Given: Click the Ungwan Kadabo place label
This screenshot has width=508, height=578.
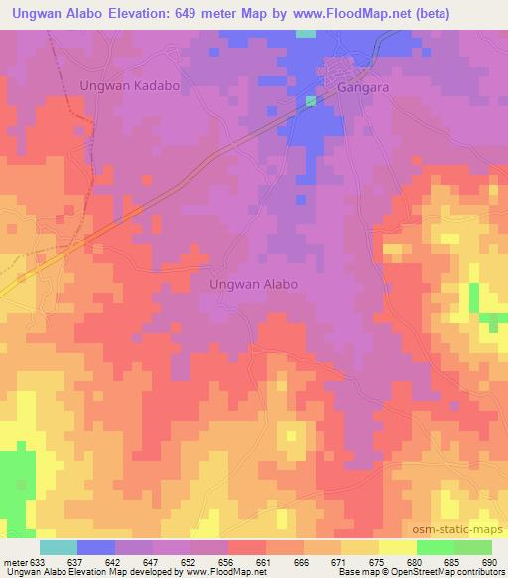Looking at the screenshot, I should pos(129,86).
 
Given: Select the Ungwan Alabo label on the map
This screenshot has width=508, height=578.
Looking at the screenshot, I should pos(254,283).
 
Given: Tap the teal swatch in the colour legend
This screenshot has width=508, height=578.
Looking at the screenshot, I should pos(59,547).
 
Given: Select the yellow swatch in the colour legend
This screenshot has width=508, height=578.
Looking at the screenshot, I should pos(398,547).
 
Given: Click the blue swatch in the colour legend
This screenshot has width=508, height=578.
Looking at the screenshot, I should pos(96,547).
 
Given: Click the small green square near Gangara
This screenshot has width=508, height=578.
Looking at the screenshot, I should pos(311,101).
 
